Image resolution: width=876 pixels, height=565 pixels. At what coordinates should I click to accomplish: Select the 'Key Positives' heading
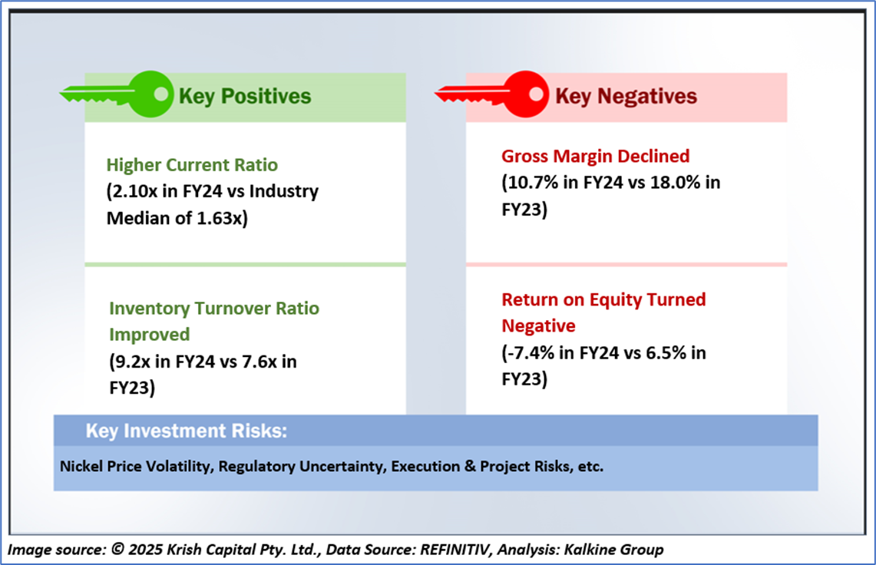click(245, 96)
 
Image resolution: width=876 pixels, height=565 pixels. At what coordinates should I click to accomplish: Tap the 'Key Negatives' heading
click(626, 96)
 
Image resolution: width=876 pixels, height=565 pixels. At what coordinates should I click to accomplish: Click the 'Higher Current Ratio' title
click(192, 165)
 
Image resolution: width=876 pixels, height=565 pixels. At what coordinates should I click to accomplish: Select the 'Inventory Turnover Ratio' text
click(214, 309)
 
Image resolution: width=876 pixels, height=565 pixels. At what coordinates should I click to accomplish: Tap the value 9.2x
click(131, 362)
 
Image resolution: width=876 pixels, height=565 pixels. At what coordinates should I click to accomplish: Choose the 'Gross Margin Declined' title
click(595, 157)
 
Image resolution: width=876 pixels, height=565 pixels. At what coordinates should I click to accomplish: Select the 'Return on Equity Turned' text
click(603, 299)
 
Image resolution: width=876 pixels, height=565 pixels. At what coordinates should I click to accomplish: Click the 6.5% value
click(663, 353)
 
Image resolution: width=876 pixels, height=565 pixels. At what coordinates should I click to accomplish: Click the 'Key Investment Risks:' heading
click(187, 431)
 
